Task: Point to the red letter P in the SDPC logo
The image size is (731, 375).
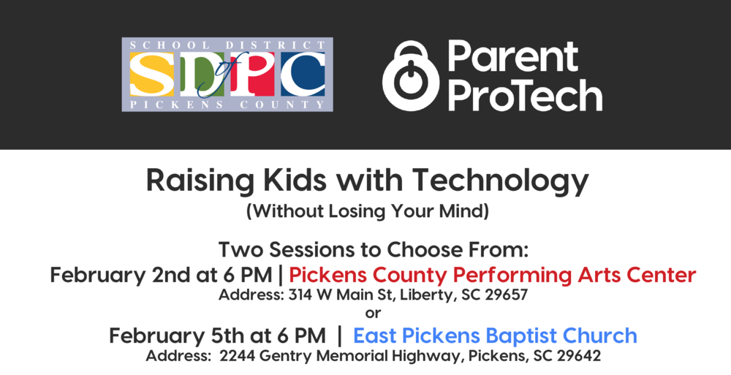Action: pyautogui.click(x=253, y=75)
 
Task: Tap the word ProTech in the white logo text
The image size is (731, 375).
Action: pyautogui.click(x=524, y=96)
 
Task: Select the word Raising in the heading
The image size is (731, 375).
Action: pyautogui.click(x=192, y=180)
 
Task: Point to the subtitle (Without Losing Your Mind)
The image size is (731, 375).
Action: pyautogui.click(x=366, y=213)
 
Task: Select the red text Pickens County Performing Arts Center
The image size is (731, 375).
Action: pyautogui.click(x=493, y=275)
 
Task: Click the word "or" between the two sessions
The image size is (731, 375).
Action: pyautogui.click(x=373, y=314)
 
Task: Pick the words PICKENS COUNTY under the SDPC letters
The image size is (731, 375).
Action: pyautogui.click(x=227, y=105)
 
